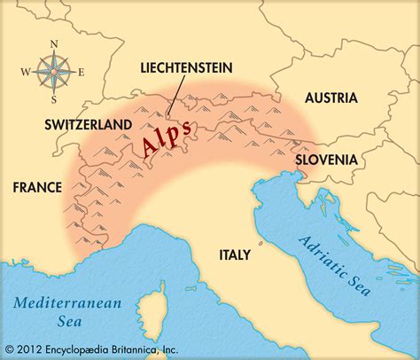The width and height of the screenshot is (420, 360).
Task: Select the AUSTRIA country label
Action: pyautogui.click(x=331, y=98)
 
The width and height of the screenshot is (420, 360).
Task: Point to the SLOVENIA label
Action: pyautogui.click(x=328, y=160)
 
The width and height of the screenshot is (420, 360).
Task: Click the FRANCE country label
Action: pyautogui.click(x=36, y=187)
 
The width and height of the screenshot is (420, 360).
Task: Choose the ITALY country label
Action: pyautogui.click(x=236, y=254)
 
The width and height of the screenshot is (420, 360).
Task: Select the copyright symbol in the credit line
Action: pyautogui.click(x=10, y=348)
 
